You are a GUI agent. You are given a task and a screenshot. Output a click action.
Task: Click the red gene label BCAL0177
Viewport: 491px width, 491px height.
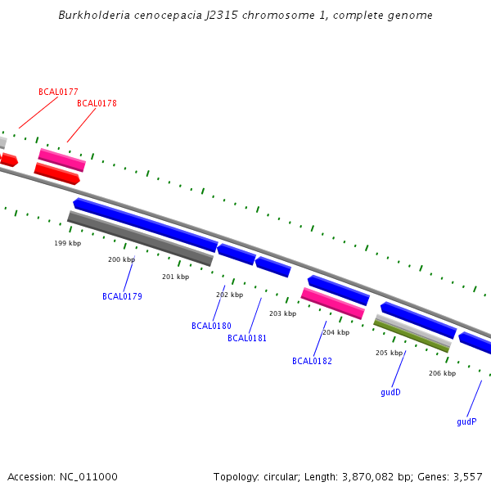[58, 92]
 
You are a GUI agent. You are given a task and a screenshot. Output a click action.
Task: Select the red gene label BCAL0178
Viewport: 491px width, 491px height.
[97, 103]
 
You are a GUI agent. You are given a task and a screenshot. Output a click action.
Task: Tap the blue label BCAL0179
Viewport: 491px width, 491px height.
[122, 296]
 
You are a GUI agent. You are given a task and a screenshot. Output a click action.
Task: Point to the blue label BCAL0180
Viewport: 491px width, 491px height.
[211, 326]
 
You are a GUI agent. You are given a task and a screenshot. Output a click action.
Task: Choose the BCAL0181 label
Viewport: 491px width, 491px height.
[247, 338]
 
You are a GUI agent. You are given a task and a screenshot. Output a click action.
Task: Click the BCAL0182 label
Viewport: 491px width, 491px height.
[312, 361]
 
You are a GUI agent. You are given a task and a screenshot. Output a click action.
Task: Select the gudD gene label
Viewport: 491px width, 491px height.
[390, 392]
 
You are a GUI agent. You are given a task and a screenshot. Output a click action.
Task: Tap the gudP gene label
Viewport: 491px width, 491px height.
[466, 421]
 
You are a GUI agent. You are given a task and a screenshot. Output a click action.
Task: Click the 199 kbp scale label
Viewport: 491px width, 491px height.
[68, 243]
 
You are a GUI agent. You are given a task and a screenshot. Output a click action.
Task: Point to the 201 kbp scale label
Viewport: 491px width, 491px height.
[175, 277]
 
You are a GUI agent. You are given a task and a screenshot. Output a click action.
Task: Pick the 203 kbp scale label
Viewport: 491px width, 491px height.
[282, 313]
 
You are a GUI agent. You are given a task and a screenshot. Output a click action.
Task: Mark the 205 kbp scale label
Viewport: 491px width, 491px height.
[389, 353]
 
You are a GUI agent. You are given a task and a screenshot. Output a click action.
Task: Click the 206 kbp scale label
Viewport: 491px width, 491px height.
[442, 373]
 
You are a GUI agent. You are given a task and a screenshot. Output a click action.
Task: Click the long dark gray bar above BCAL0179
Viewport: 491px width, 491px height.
[140, 238]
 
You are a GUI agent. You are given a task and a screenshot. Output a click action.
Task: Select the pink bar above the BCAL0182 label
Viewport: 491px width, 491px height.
[332, 303]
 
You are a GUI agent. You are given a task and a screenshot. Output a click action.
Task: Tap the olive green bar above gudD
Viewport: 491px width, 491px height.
[411, 336]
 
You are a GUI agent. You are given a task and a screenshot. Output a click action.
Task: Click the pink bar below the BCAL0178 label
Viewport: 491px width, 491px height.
[61, 160]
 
